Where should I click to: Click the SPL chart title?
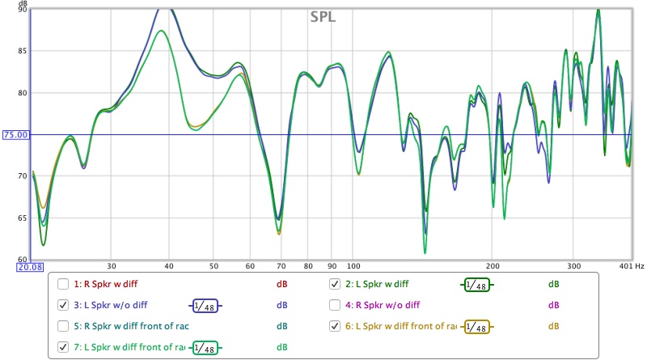pyautogui.click(x=324, y=16)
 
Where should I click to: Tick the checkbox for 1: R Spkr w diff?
pyautogui.click(x=63, y=284)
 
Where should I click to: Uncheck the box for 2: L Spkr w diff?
pyautogui.click(x=335, y=284)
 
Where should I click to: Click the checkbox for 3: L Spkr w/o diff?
pyautogui.click(x=63, y=305)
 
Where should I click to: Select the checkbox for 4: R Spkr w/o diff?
pyautogui.click(x=335, y=305)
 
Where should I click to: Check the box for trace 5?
pyautogui.click(x=63, y=326)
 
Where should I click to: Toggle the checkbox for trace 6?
pyautogui.click(x=335, y=326)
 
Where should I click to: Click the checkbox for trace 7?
pyautogui.click(x=63, y=347)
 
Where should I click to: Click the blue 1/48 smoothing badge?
pyautogui.click(x=205, y=305)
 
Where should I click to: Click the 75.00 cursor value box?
pyautogui.click(x=15, y=135)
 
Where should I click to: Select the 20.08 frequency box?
pyautogui.click(x=15, y=265)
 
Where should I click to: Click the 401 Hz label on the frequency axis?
pyautogui.click(x=628, y=265)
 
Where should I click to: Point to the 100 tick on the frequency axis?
pyautogui.click(x=353, y=265)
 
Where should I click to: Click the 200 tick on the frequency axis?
pyautogui.click(x=493, y=265)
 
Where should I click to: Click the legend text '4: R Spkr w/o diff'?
pyautogui.click(x=379, y=305)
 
